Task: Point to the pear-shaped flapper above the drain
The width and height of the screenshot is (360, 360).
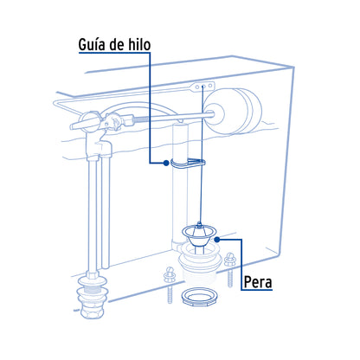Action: point(202,233)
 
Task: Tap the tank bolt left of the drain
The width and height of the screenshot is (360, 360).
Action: point(168,279)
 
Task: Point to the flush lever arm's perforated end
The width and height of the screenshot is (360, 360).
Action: point(205,87)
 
